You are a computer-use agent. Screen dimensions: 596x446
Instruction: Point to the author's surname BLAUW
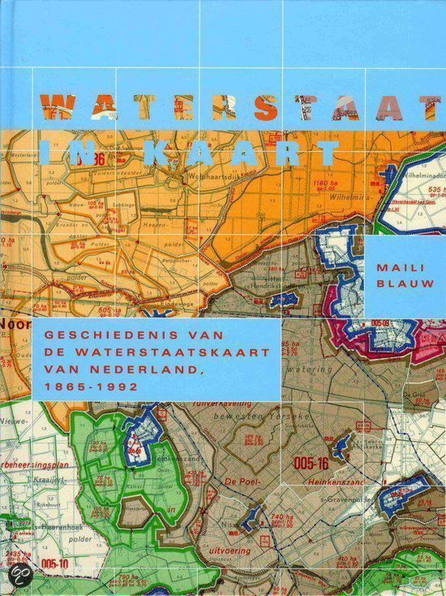399,284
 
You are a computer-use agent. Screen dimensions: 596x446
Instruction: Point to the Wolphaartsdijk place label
210,176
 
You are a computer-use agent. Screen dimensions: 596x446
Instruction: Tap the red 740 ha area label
280,517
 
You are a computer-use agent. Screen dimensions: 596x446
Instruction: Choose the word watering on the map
316,370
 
